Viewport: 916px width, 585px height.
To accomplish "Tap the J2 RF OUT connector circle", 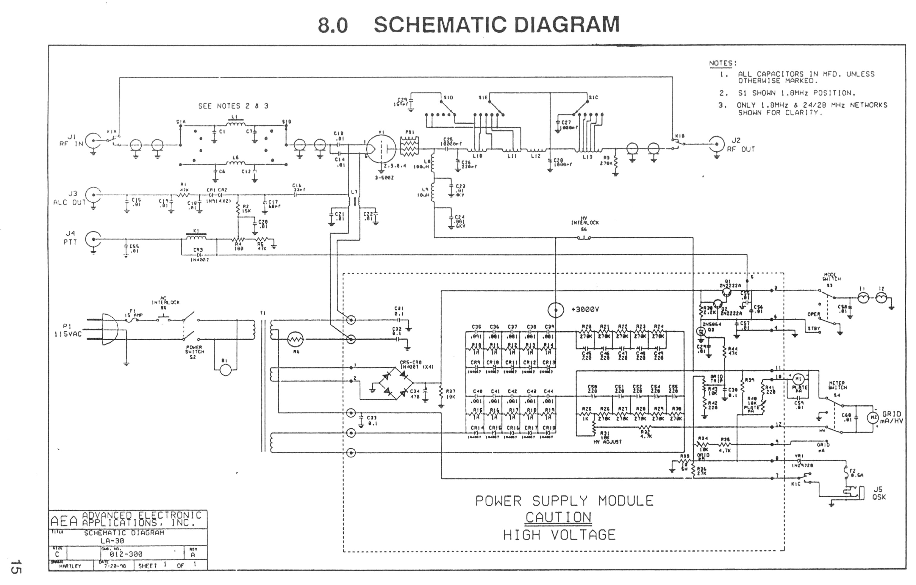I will [x=716, y=144].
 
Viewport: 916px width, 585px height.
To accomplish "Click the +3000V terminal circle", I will [x=555, y=310].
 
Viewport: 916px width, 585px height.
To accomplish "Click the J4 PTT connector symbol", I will [x=93, y=239].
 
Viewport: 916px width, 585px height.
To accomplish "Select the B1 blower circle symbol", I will [x=226, y=370].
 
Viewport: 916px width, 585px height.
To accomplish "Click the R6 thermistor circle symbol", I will [x=296, y=339].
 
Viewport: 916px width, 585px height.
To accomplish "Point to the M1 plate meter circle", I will [x=798, y=379].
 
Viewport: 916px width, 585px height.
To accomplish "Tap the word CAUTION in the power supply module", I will [x=558, y=517].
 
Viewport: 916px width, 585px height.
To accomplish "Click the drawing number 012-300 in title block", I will [x=126, y=554].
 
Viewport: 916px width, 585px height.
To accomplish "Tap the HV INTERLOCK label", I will [x=585, y=222].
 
